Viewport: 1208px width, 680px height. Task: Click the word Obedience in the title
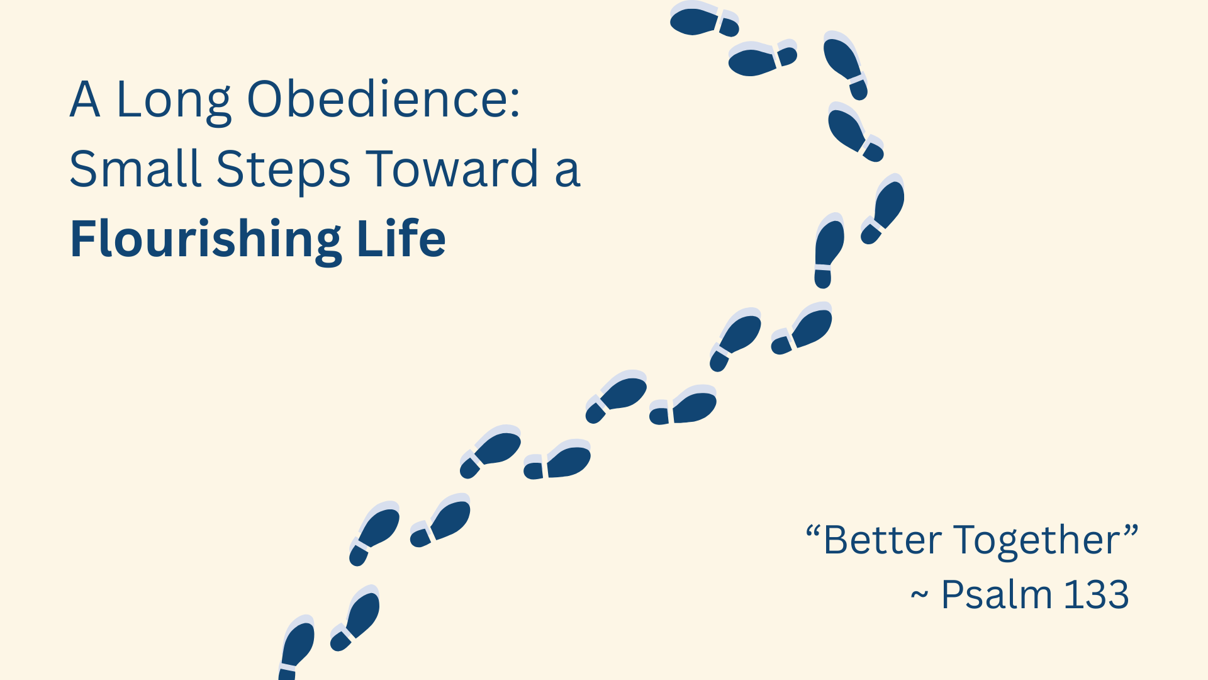coord(377,99)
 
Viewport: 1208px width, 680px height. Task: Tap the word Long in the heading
coord(174,103)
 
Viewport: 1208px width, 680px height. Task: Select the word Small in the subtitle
coord(135,169)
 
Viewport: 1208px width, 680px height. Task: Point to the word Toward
coord(452,169)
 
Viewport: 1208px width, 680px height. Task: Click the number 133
coord(1097,594)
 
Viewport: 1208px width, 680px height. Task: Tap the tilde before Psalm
coord(919,595)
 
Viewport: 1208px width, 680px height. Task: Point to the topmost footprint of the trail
coord(704,19)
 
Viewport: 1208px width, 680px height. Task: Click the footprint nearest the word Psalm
coord(440,520)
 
